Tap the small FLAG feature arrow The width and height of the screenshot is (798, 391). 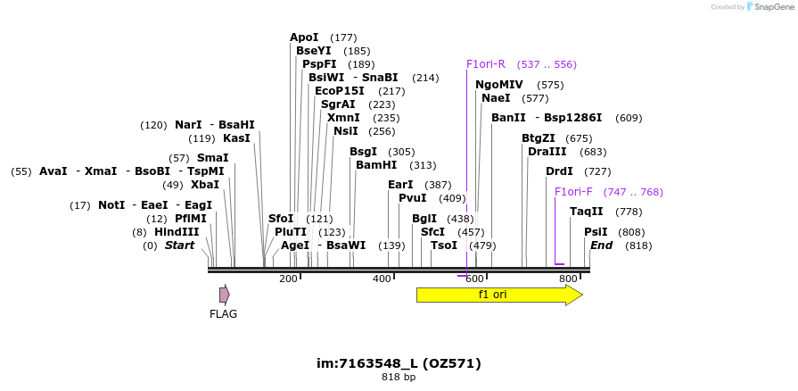[225, 295]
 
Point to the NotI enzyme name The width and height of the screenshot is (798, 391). [112, 205]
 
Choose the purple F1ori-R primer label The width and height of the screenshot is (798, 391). [486, 64]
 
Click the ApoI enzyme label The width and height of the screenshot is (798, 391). [304, 37]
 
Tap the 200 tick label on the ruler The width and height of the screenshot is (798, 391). [288, 279]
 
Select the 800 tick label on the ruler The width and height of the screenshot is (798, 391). [568, 279]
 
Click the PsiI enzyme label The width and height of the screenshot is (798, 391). [596, 232]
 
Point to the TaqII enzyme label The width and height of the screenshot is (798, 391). [587, 212]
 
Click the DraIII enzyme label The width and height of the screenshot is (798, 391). [548, 152]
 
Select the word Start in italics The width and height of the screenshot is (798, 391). [179, 245]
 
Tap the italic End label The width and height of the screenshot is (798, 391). [602, 245]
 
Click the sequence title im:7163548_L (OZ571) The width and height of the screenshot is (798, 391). [399, 363]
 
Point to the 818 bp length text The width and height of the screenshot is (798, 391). [399, 378]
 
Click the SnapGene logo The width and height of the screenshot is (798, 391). [769, 7]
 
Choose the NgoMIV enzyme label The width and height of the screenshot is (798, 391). [499, 85]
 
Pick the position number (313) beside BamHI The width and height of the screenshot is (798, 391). [423, 165]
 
